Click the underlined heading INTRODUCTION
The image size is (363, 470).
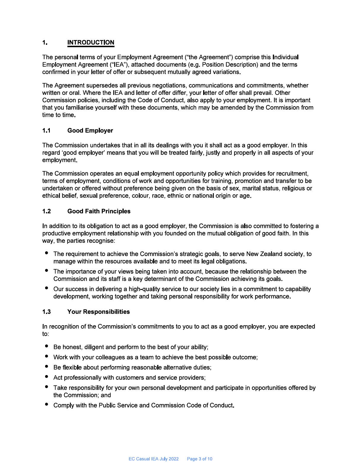90,42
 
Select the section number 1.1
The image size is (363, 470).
46,131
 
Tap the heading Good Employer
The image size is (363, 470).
90,131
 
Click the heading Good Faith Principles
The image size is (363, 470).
99,211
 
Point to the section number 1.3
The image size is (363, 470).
46,312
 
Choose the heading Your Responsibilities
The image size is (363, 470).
98,312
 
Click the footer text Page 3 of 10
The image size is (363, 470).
200,459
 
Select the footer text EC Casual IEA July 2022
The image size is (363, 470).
154,459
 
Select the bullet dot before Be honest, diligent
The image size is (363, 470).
47,346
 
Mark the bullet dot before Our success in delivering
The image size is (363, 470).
47,288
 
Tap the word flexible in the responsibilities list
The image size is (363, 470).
72,367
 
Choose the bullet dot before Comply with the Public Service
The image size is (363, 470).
47,404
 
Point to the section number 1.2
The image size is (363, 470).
46,211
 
